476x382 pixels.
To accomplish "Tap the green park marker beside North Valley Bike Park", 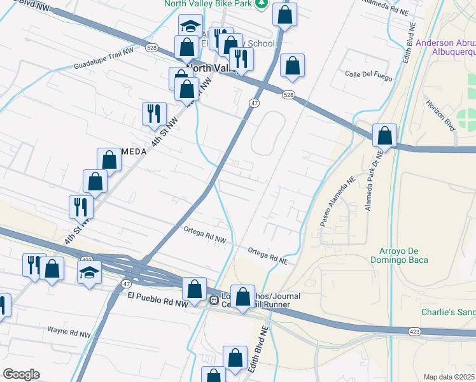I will [261, 4].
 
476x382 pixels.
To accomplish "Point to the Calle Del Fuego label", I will [366, 74].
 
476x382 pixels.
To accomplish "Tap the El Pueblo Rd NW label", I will [158, 299].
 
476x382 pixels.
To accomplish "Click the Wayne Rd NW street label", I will [71, 332].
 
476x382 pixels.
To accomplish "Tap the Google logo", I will [21, 374].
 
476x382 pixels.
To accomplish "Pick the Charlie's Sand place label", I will [448, 313].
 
